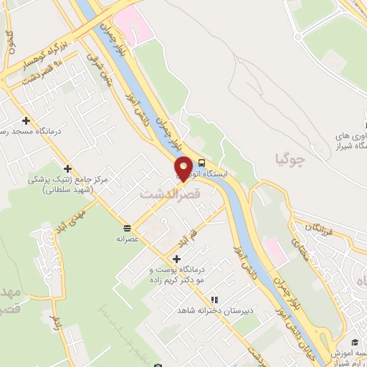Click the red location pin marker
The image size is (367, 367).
[x=183, y=168]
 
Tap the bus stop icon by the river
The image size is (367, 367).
[x=201, y=163]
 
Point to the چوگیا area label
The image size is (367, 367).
[x=290, y=159]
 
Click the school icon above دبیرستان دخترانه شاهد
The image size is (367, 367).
[x=213, y=300]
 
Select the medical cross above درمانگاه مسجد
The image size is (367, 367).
[x=27, y=121]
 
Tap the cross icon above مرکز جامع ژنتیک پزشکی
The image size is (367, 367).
[x=67, y=168]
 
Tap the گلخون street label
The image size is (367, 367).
[x=9, y=43]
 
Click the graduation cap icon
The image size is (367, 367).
[x=354, y=342]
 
